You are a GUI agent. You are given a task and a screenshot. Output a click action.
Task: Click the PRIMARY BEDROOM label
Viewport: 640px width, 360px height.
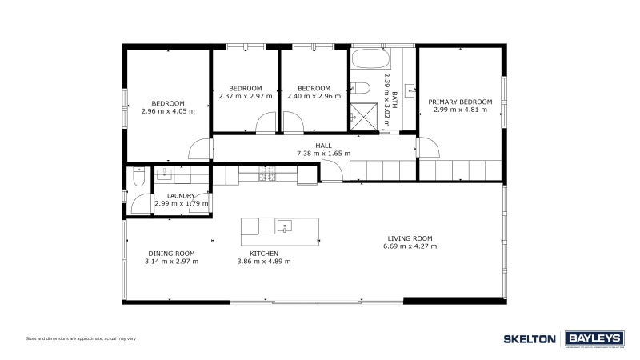[460, 102]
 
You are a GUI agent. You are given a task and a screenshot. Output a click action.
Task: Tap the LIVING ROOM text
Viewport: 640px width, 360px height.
[410, 238]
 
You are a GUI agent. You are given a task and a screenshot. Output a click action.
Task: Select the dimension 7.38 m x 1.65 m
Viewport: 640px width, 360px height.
[323, 153]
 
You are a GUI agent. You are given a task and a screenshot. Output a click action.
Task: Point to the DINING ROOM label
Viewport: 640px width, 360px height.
[171, 254]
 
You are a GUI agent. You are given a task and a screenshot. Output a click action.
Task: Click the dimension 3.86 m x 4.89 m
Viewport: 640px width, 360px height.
[263, 262]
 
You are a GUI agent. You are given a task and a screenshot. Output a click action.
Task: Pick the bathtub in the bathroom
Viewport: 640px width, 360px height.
[370, 60]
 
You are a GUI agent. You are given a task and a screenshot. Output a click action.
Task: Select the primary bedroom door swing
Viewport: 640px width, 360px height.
[426, 147]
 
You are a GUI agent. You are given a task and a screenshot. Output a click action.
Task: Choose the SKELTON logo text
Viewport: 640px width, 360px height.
[530, 338]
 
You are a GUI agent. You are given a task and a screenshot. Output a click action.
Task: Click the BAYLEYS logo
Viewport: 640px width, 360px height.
[594, 338]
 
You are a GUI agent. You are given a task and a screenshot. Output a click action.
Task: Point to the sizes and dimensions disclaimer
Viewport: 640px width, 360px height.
[80, 339]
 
